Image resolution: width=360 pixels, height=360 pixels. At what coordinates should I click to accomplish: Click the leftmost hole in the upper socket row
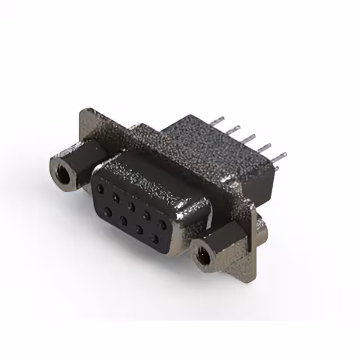click(x=102, y=186)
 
